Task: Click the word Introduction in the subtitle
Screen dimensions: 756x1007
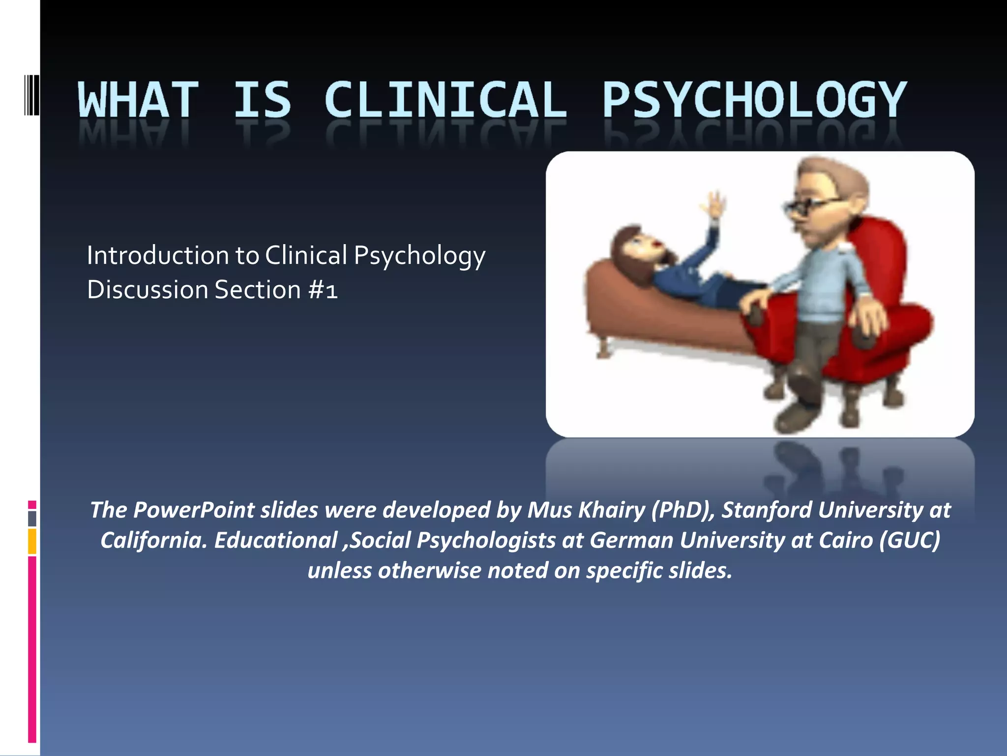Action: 158,255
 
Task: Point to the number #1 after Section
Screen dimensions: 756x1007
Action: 323,290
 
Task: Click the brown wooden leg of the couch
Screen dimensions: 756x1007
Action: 603,347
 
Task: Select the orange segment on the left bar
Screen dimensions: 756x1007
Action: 32,541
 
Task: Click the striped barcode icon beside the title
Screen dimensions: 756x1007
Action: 31,95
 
